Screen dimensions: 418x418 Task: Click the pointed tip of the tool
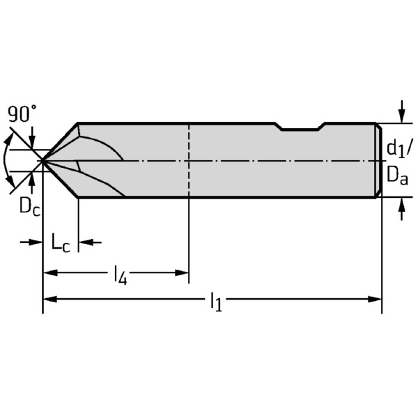[42, 161]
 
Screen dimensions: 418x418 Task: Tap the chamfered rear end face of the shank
[378, 160]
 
